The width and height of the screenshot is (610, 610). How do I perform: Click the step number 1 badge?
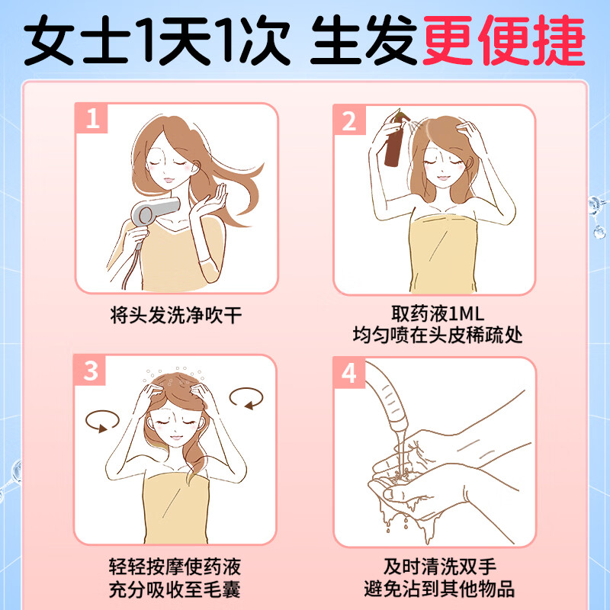tap(91, 120)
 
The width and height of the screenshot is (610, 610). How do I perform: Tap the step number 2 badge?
tap(350, 120)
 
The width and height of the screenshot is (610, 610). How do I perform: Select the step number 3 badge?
tap(91, 371)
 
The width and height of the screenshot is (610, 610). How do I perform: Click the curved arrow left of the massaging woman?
tap(102, 419)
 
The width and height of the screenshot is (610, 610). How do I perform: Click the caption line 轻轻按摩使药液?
tap(176, 567)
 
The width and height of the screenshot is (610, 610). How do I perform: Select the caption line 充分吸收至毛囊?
tap(176, 589)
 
